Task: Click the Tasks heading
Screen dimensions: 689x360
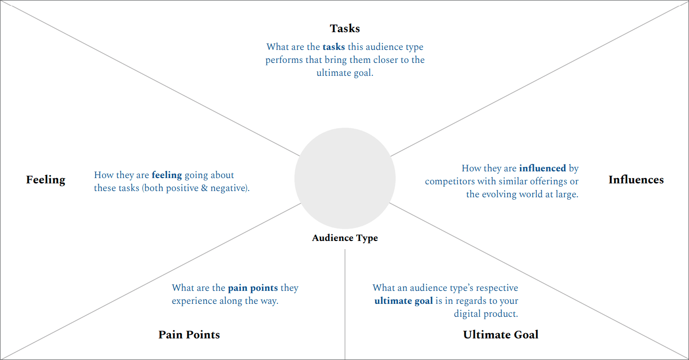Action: (345, 29)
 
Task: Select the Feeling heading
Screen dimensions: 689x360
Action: (46, 180)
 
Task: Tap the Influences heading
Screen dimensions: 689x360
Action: (636, 180)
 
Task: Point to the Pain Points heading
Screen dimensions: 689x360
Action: (189, 335)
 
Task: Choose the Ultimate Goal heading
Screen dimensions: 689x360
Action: (501, 335)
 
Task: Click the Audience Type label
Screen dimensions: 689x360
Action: (345, 238)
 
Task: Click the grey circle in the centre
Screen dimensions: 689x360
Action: (345, 178)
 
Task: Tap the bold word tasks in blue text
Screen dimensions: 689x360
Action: (334, 47)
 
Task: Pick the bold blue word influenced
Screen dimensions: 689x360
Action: (543, 168)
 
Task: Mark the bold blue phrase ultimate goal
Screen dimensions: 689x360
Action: (403, 301)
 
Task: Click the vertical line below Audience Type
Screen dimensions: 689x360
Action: (345, 304)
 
